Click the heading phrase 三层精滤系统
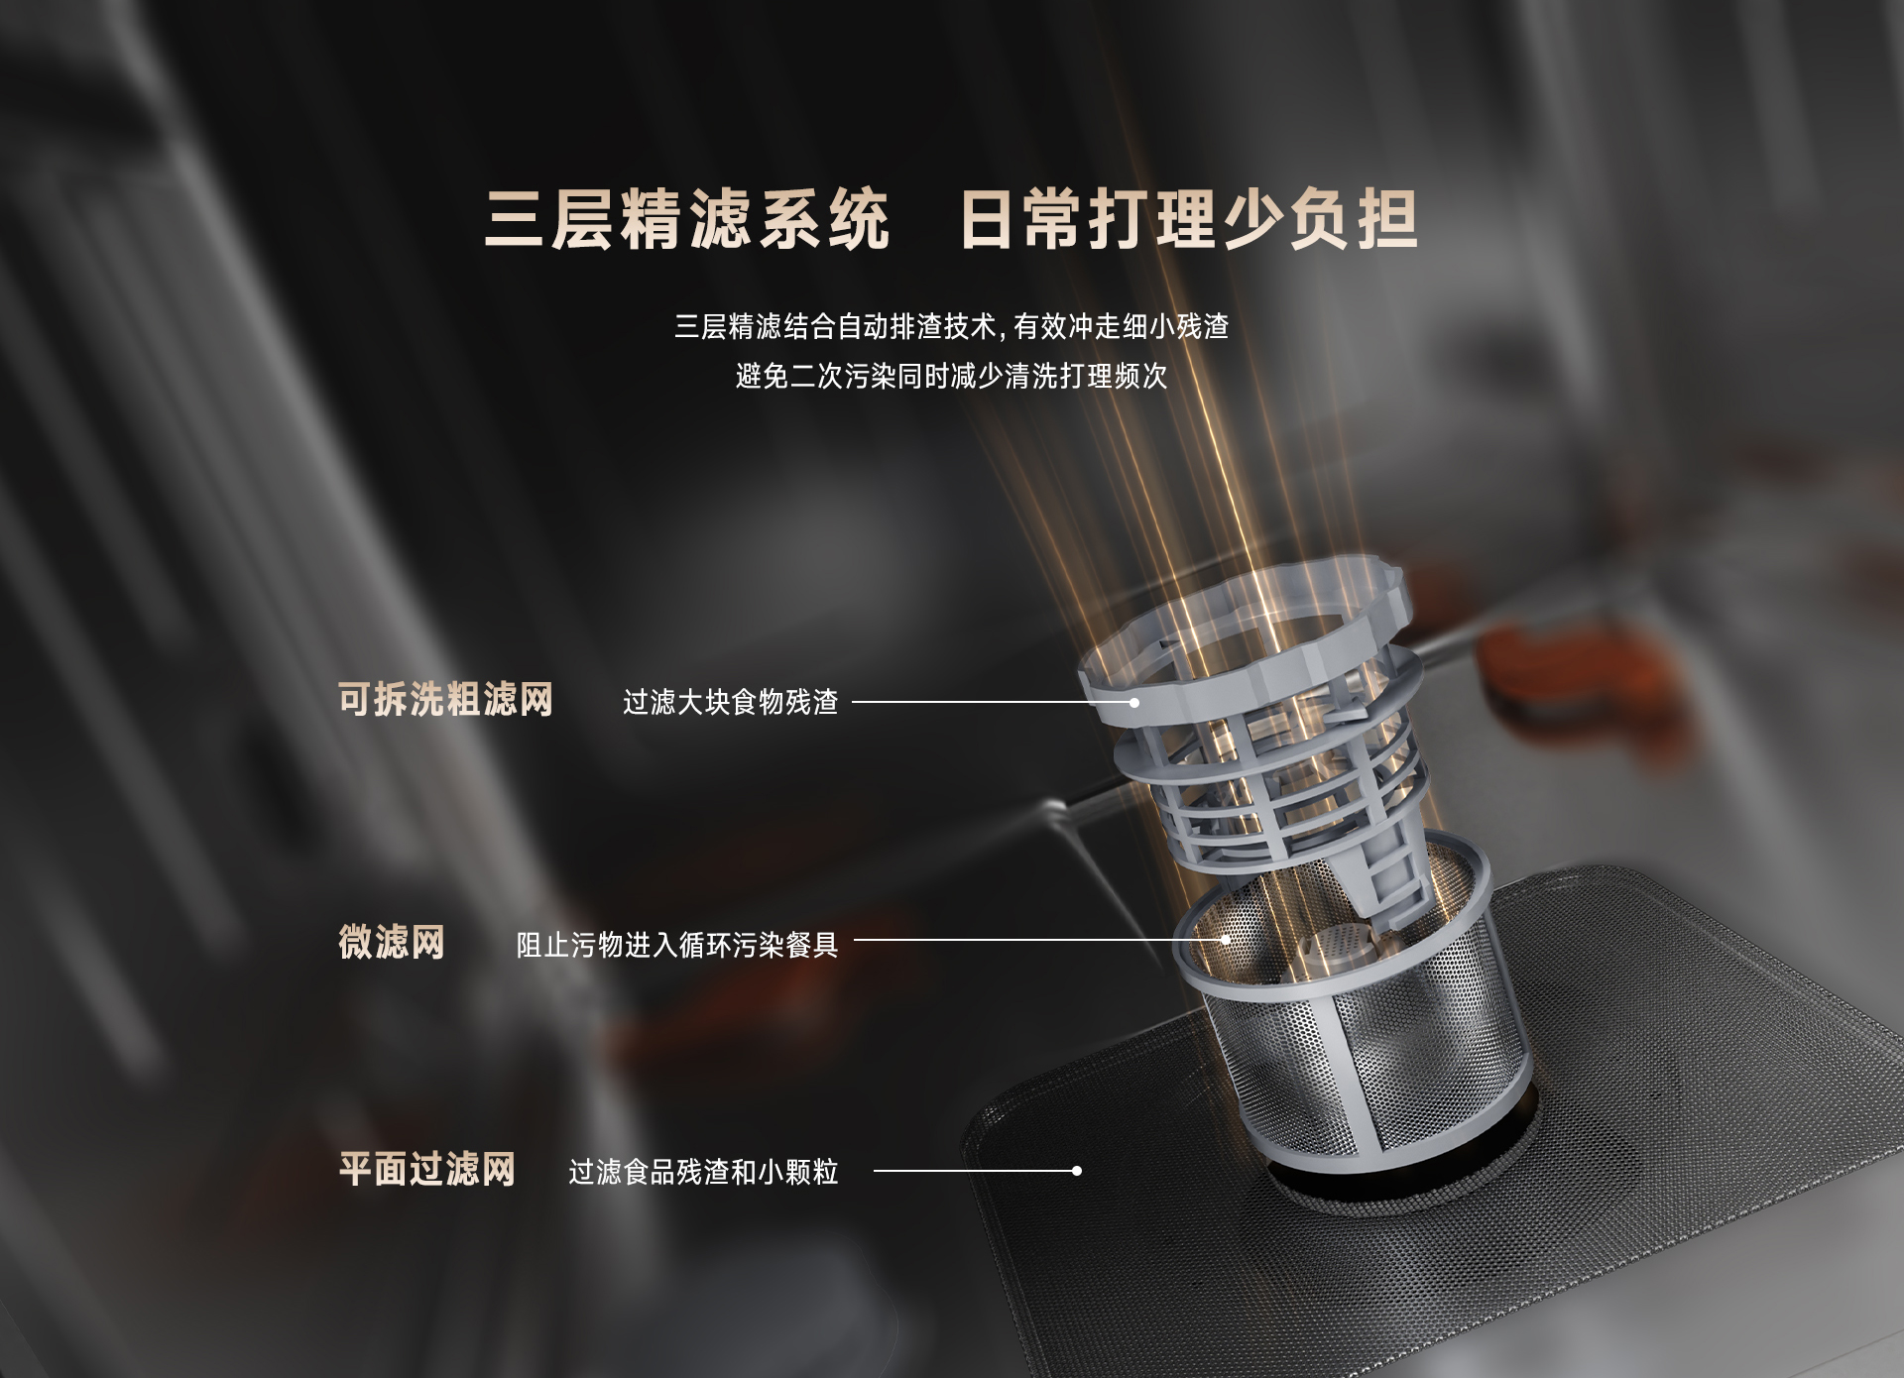pos(686,220)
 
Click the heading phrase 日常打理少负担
pos(1188,220)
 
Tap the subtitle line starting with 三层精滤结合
pos(951,326)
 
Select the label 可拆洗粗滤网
pos(445,700)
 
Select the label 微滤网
pos(392,942)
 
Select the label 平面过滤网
pos(427,1169)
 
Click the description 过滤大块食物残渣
pos(730,702)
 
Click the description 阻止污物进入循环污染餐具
pos(677,945)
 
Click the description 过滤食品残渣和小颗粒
pos(703,1172)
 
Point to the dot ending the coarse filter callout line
pos(1134,702)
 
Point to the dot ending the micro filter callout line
pos(1226,939)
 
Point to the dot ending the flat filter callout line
pos(1077,1171)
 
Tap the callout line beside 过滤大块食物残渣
pos(992,702)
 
